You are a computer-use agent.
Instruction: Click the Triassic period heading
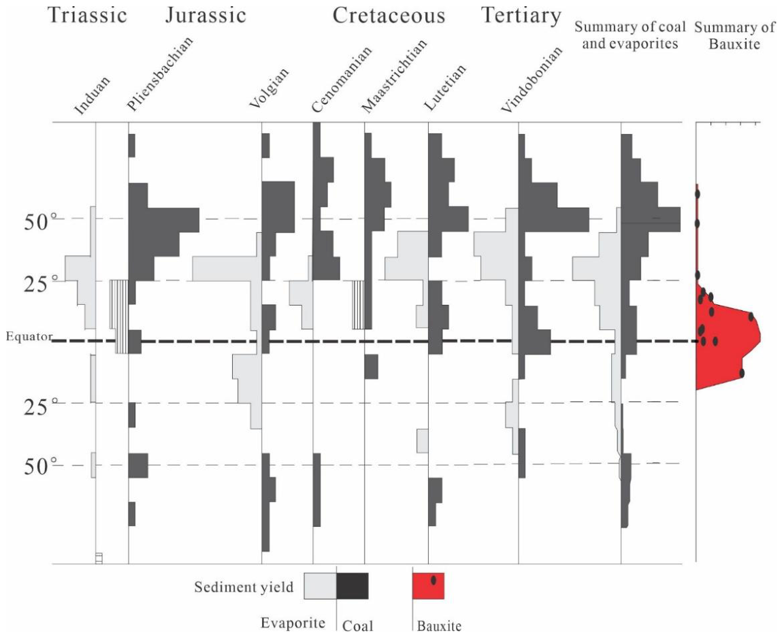(87, 16)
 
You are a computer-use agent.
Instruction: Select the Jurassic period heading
(206, 16)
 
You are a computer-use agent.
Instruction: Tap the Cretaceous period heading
(389, 16)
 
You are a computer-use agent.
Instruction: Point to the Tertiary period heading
(521, 16)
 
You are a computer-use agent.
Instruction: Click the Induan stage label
(92, 96)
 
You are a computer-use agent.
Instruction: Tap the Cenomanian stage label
(341, 80)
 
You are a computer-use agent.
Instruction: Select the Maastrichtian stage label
(394, 76)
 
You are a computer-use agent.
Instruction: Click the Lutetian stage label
(445, 87)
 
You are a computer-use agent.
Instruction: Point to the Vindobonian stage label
(532, 80)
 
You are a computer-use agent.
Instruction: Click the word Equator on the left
(29, 336)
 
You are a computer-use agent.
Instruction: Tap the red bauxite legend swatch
(428, 586)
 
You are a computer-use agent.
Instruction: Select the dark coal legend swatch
(353, 586)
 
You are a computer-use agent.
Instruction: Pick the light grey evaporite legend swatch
(321, 586)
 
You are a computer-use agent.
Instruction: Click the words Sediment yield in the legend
(244, 587)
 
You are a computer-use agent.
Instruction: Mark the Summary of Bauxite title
(735, 35)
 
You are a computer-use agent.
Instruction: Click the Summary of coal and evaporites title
(630, 35)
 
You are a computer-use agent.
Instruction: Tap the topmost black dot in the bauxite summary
(698, 193)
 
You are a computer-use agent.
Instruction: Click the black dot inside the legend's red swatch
(434, 580)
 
